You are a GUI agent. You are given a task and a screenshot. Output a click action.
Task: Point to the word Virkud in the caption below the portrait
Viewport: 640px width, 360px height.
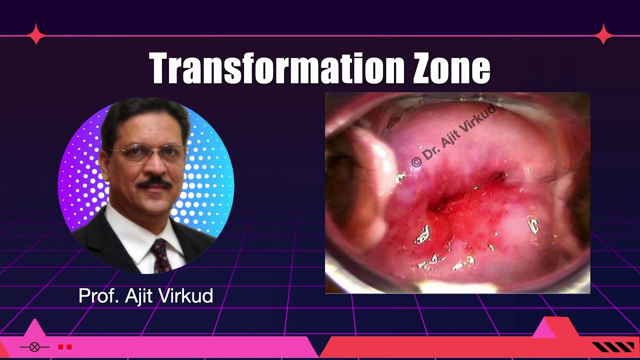pyautogui.click(x=185, y=296)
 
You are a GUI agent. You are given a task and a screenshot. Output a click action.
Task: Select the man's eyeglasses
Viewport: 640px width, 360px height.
pyautogui.click(x=150, y=153)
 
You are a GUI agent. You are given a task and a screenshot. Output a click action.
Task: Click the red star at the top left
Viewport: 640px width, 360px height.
pyautogui.click(x=36, y=34)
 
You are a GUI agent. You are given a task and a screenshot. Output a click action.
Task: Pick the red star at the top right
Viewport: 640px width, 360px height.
pyautogui.click(x=604, y=34)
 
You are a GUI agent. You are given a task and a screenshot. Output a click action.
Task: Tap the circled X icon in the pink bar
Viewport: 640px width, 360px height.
pyautogui.click(x=34, y=347)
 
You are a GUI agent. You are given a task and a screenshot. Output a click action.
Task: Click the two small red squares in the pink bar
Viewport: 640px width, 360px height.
pyautogui.click(x=65, y=347)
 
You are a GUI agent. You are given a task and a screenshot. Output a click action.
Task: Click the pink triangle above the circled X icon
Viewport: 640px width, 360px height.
pyautogui.click(x=34, y=328)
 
